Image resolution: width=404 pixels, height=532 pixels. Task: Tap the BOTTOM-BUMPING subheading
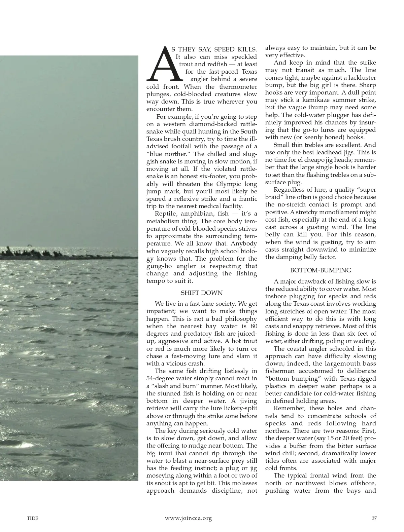[321, 270]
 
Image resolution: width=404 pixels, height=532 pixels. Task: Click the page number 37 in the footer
[374, 518]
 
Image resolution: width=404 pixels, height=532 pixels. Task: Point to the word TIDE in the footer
[33, 518]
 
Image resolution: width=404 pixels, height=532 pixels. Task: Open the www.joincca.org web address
[189, 518]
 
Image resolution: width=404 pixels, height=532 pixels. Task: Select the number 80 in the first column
[253, 327]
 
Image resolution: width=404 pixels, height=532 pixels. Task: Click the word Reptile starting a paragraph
[165, 214]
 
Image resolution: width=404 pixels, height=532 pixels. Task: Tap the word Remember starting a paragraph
[288, 409]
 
